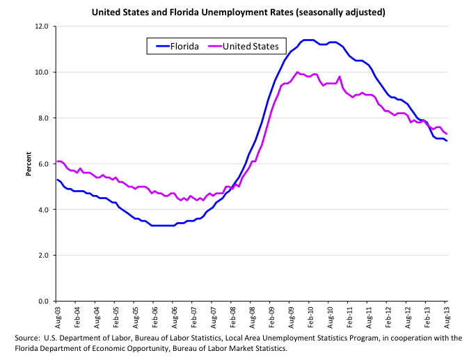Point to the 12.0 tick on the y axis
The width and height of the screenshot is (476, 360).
click(41, 26)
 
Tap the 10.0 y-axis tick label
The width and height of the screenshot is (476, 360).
click(41, 72)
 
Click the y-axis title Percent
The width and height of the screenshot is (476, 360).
click(29, 164)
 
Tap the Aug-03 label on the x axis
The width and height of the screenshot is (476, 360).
click(56, 318)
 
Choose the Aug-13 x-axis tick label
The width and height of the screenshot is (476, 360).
click(446, 318)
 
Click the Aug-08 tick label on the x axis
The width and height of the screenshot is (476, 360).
click(251, 318)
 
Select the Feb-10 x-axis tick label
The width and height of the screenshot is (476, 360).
click(310, 318)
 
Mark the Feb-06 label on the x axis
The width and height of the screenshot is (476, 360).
click(153, 318)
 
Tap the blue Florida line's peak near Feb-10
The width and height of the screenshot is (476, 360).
click(308, 40)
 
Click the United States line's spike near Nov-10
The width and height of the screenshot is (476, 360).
click(340, 77)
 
